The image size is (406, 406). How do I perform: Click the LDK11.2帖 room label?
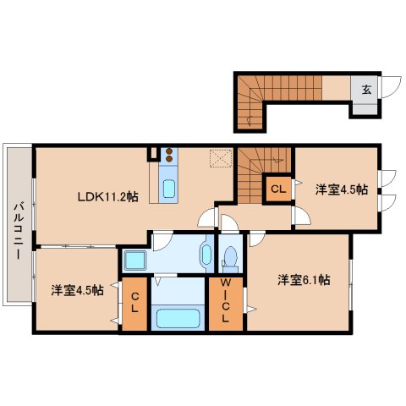[107, 197]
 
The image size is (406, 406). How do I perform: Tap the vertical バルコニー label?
[17, 228]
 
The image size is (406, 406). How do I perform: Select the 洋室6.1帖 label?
[301, 280]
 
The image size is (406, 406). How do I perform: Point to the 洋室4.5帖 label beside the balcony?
[75, 289]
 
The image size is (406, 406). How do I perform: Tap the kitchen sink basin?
[167, 188]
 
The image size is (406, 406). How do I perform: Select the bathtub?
[177, 320]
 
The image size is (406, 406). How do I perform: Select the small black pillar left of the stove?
[152, 154]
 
